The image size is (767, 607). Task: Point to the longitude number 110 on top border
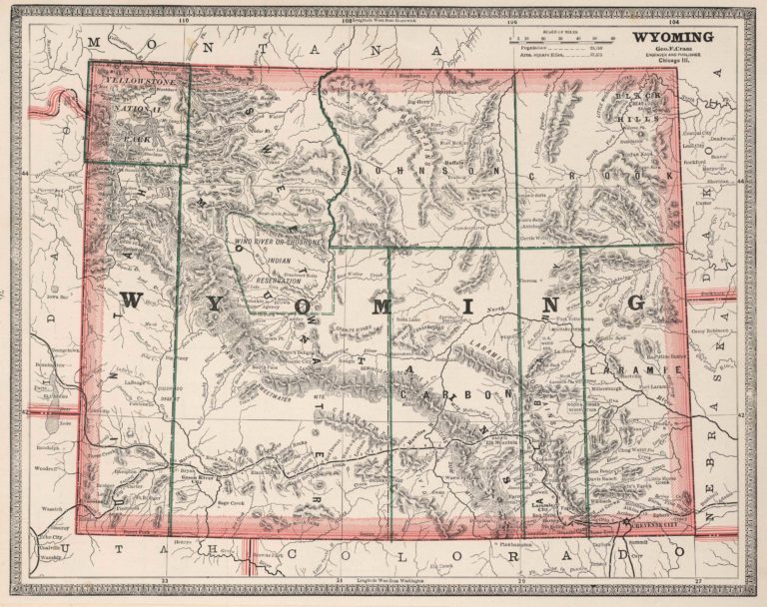click(183, 20)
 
